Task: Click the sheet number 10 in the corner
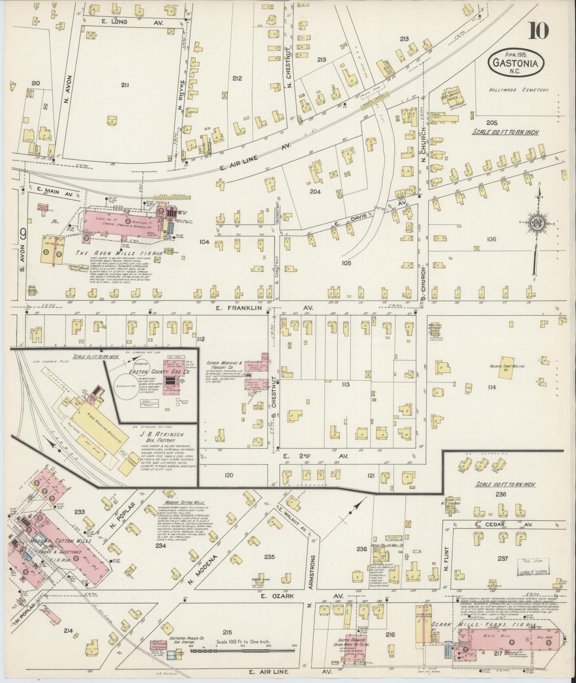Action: [539, 31]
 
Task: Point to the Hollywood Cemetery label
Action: [519, 90]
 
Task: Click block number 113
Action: [345, 384]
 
